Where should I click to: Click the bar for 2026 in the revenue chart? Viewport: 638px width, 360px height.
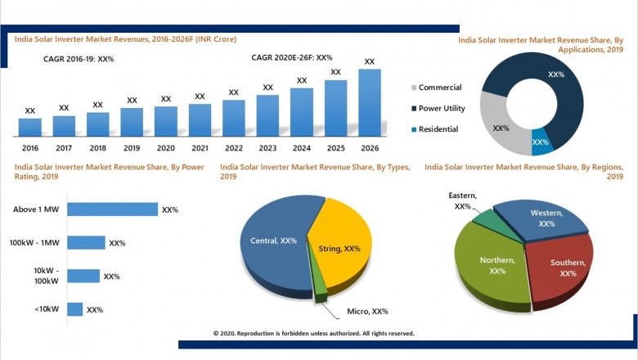pos(370,102)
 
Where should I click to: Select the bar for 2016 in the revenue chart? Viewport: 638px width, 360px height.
pos(30,127)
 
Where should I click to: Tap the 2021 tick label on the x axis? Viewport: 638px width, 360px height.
pos(200,148)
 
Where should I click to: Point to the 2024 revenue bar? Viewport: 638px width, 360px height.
pos(302,112)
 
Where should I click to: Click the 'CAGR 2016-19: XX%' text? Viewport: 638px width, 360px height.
pos(79,59)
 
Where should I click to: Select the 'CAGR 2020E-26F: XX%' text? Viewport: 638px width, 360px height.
pos(291,57)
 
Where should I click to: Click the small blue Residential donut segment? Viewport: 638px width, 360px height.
pos(541,141)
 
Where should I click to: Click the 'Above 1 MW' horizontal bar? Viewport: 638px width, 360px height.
pos(112,209)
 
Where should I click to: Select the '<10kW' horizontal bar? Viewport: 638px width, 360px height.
pos(74,309)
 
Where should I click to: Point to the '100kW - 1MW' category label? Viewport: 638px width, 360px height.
pos(35,243)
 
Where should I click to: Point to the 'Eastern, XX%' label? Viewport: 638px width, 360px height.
pos(463,201)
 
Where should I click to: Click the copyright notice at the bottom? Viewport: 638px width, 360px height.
pos(313,334)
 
